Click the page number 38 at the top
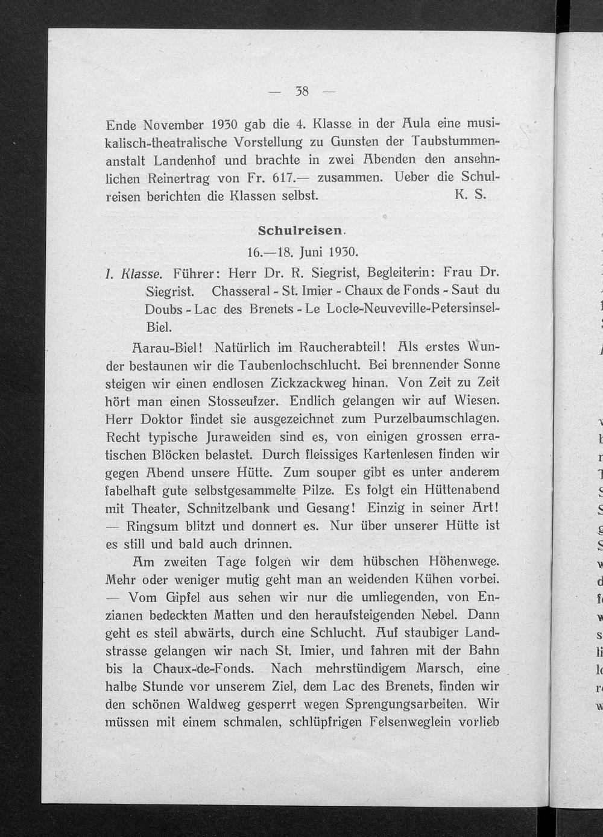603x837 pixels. coord(302,92)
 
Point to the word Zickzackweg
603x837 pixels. coord(308,383)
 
